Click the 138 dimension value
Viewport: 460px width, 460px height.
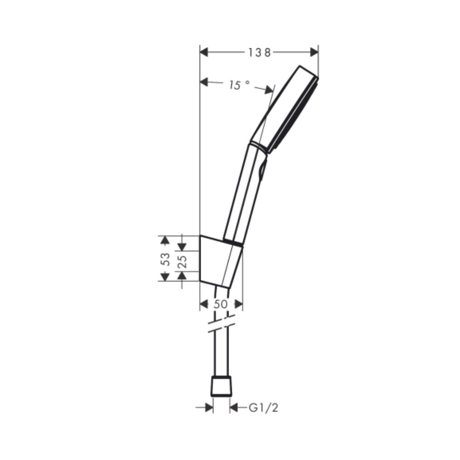tap(259, 52)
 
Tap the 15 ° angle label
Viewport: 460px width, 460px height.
tap(239, 85)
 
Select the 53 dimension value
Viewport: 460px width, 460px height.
tap(166, 259)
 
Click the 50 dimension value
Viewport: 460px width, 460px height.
tap(221, 304)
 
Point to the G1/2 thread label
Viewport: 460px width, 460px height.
tap(264, 407)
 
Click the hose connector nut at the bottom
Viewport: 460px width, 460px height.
tap(221, 386)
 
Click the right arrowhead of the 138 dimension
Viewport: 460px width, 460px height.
tap(314, 52)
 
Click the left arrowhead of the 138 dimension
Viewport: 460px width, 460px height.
tap(204, 52)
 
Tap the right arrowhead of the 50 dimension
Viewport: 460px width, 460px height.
tap(238, 304)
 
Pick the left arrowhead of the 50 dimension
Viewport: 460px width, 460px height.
tap(204, 304)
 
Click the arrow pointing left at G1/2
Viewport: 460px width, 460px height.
tap(233, 407)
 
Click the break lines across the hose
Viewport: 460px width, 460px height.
tap(221, 323)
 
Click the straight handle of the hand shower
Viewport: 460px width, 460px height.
tap(244, 193)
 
